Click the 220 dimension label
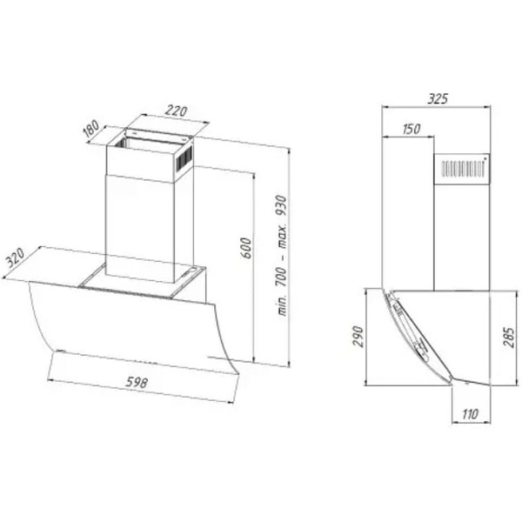pos(176,110)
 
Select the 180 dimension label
pos(90,129)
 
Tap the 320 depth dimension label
pos(16,258)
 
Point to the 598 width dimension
pos(137,382)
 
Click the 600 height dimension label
pos(246,248)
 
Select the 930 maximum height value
pos(282,206)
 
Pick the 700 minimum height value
pos(281,277)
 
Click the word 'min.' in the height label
pos(282,305)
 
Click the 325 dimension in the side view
pos(438,99)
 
